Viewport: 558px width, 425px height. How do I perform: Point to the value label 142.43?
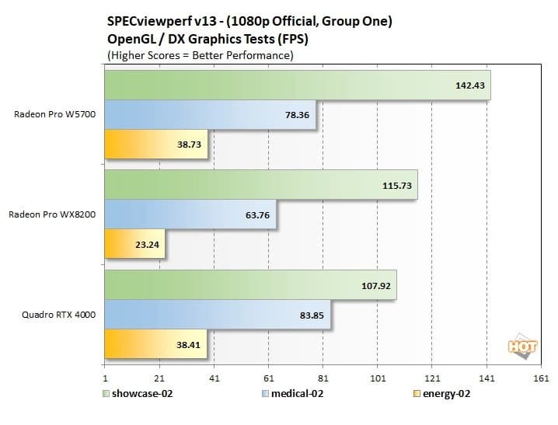tap(469, 85)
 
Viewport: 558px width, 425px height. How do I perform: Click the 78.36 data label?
tap(297, 114)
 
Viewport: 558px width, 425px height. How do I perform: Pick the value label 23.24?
tap(148, 243)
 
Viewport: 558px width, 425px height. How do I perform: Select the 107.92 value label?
tap(377, 285)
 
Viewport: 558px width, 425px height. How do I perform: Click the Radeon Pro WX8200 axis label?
tap(52, 214)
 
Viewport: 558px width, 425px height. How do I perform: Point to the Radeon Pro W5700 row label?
tap(54, 114)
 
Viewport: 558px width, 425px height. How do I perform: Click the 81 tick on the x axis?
tap(323, 378)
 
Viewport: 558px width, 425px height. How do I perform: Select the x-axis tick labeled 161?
tap(542, 378)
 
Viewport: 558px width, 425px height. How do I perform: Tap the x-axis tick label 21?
tap(159, 378)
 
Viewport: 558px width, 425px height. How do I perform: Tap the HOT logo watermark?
tap(521, 346)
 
